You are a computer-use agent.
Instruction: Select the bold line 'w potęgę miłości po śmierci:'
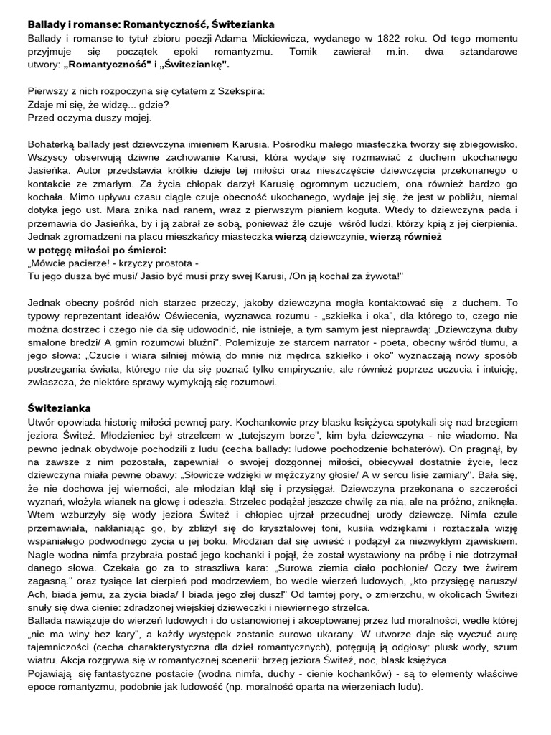point(97,251)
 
